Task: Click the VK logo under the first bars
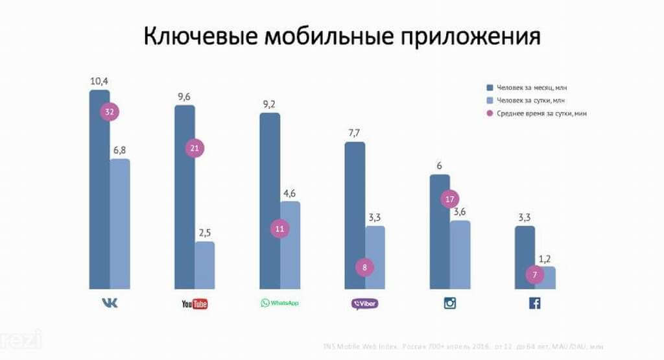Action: click(x=110, y=303)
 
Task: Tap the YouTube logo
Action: click(x=195, y=304)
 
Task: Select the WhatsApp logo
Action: click(x=279, y=303)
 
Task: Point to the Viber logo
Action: click(x=364, y=303)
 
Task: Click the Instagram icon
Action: click(x=450, y=303)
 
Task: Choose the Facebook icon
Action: click(x=535, y=303)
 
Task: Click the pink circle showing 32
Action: click(x=110, y=112)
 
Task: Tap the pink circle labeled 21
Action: click(x=194, y=148)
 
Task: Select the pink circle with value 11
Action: click(x=279, y=228)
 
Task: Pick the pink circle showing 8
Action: click(x=365, y=267)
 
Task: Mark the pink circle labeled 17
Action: click(x=450, y=198)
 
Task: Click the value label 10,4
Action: click(x=99, y=81)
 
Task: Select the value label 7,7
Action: click(x=354, y=133)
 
